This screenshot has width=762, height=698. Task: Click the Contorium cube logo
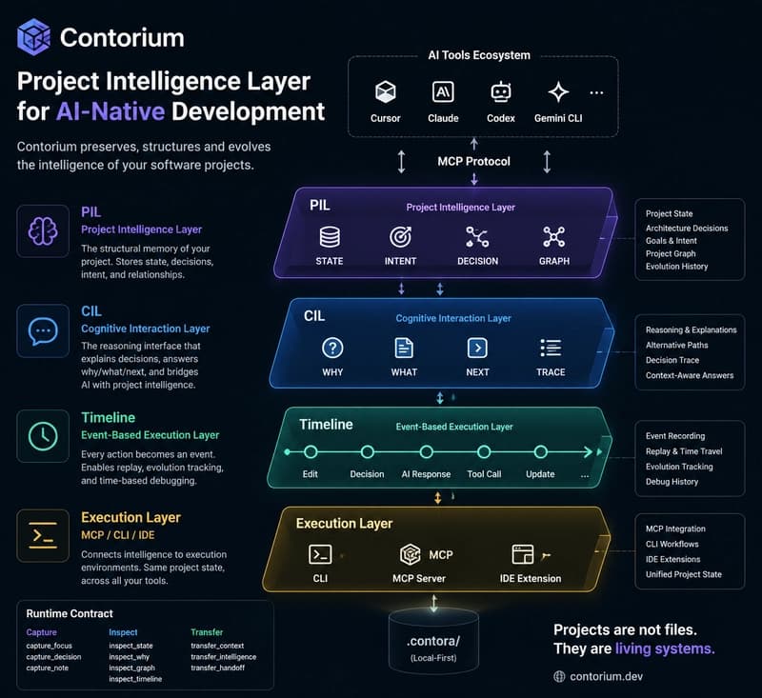[33, 37]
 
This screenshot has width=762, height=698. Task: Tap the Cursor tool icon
[386, 91]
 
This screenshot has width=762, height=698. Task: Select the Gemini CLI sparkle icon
[558, 91]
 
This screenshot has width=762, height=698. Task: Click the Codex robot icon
[501, 91]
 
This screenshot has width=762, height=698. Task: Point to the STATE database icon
[330, 237]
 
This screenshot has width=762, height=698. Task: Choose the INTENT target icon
[400, 237]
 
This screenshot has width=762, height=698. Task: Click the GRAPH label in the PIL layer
[554, 261]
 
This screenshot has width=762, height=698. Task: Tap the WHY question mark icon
[332, 348]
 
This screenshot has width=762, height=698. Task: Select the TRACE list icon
[551, 348]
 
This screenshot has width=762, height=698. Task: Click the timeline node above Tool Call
[484, 452]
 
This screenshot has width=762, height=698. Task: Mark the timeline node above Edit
[311, 452]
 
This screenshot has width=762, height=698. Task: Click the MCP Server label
[419, 579]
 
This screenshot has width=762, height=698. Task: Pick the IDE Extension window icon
[523, 554]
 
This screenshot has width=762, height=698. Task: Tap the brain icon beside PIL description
[43, 231]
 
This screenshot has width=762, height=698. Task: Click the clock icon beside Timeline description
[43, 436]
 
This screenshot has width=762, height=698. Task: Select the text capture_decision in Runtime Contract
[53, 657]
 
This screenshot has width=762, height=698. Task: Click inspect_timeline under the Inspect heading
[135, 679]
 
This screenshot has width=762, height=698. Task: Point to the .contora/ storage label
[433, 641]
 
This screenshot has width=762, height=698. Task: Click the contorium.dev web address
[606, 677]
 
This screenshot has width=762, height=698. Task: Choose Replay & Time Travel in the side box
[684, 451]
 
